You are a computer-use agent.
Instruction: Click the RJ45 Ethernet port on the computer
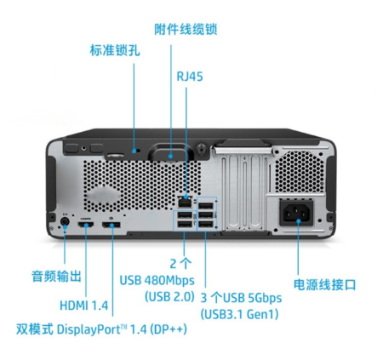pos(185,202)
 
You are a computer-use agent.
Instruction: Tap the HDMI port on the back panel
pos(86,225)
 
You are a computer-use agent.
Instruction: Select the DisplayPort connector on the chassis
pos(111,225)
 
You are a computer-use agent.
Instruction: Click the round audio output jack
pos(65,221)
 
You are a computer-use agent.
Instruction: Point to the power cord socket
pos(296,213)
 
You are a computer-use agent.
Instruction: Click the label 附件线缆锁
pos(186,29)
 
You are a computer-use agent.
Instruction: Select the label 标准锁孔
pos(115,50)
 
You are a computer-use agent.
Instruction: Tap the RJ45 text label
pos(190,77)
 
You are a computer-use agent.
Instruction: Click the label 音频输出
pos(56,276)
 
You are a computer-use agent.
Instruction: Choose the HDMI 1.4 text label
pos(84,306)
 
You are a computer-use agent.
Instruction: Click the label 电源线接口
pos(324,284)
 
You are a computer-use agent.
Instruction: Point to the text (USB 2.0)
pos(170,297)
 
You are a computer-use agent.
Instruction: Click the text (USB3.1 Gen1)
pos(239,314)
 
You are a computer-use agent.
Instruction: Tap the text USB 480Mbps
pos(157,281)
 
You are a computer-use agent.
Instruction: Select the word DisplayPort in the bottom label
pos(89,330)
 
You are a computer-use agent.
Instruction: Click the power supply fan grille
pos(299,172)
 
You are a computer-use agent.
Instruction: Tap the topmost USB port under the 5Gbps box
pos(206,206)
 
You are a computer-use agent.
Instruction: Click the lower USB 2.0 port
pos(185,225)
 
